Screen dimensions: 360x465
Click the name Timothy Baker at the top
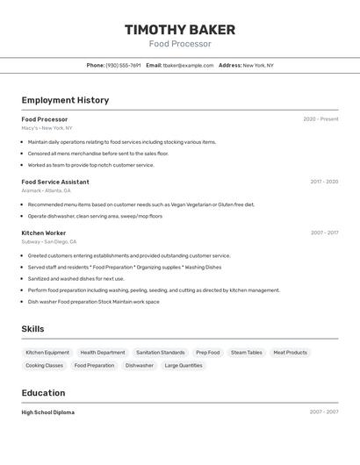[179, 29]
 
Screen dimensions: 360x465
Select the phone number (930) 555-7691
[123, 65]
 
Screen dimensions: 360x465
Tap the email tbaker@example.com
[188, 65]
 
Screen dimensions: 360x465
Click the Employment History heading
[65, 100]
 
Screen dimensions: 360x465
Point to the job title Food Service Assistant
[55, 182]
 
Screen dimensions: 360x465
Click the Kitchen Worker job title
[44, 232]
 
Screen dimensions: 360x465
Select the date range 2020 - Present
[320, 119]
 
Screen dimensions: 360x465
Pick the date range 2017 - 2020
[324, 182]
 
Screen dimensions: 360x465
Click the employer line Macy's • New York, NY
[47, 128]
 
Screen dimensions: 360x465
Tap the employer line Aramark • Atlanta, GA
[46, 190]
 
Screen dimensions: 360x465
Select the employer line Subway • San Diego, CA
[49, 241]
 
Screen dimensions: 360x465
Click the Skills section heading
[32, 329]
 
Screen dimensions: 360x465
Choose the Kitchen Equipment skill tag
[47, 353]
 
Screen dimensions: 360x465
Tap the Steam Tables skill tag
[247, 353]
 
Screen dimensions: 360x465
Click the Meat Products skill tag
[291, 353]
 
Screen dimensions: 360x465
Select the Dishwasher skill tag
[140, 366]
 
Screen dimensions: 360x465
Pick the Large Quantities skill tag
[184, 366]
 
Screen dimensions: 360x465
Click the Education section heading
[43, 393]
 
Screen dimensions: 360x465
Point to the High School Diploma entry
[48, 412]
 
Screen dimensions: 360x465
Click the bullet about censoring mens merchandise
[97, 154]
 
